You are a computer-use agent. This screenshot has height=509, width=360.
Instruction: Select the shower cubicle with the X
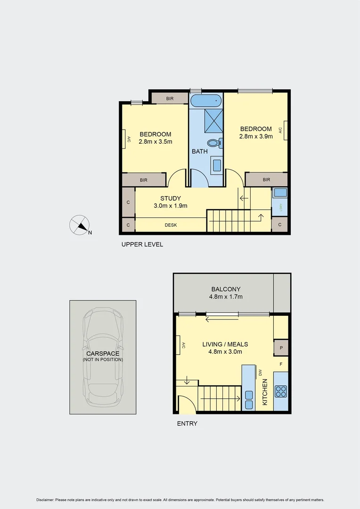pos(213,121)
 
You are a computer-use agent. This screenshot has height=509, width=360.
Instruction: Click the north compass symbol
pos(80,225)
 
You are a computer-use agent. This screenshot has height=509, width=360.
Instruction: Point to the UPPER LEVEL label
pos(142,244)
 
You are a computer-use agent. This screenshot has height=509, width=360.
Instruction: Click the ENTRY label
pos(187,423)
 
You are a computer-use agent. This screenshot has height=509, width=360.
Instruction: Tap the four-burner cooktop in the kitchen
pos(281,391)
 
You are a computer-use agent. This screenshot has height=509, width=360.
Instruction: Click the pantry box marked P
pos(281,348)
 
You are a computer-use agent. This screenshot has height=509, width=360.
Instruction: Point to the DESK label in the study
pos(171,225)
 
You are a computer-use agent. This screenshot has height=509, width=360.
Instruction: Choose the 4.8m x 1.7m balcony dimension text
pos(226,297)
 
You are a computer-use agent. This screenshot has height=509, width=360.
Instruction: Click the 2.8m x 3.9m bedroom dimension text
pos(256,137)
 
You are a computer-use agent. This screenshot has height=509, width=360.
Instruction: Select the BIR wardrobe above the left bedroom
pos(170,99)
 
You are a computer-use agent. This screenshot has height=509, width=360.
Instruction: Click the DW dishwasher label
pos(260,372)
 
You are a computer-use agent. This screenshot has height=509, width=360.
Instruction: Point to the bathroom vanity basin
pos(216,165)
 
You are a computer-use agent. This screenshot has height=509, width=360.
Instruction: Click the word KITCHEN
pos(265,392)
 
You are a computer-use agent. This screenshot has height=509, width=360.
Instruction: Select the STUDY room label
pos(171,198)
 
